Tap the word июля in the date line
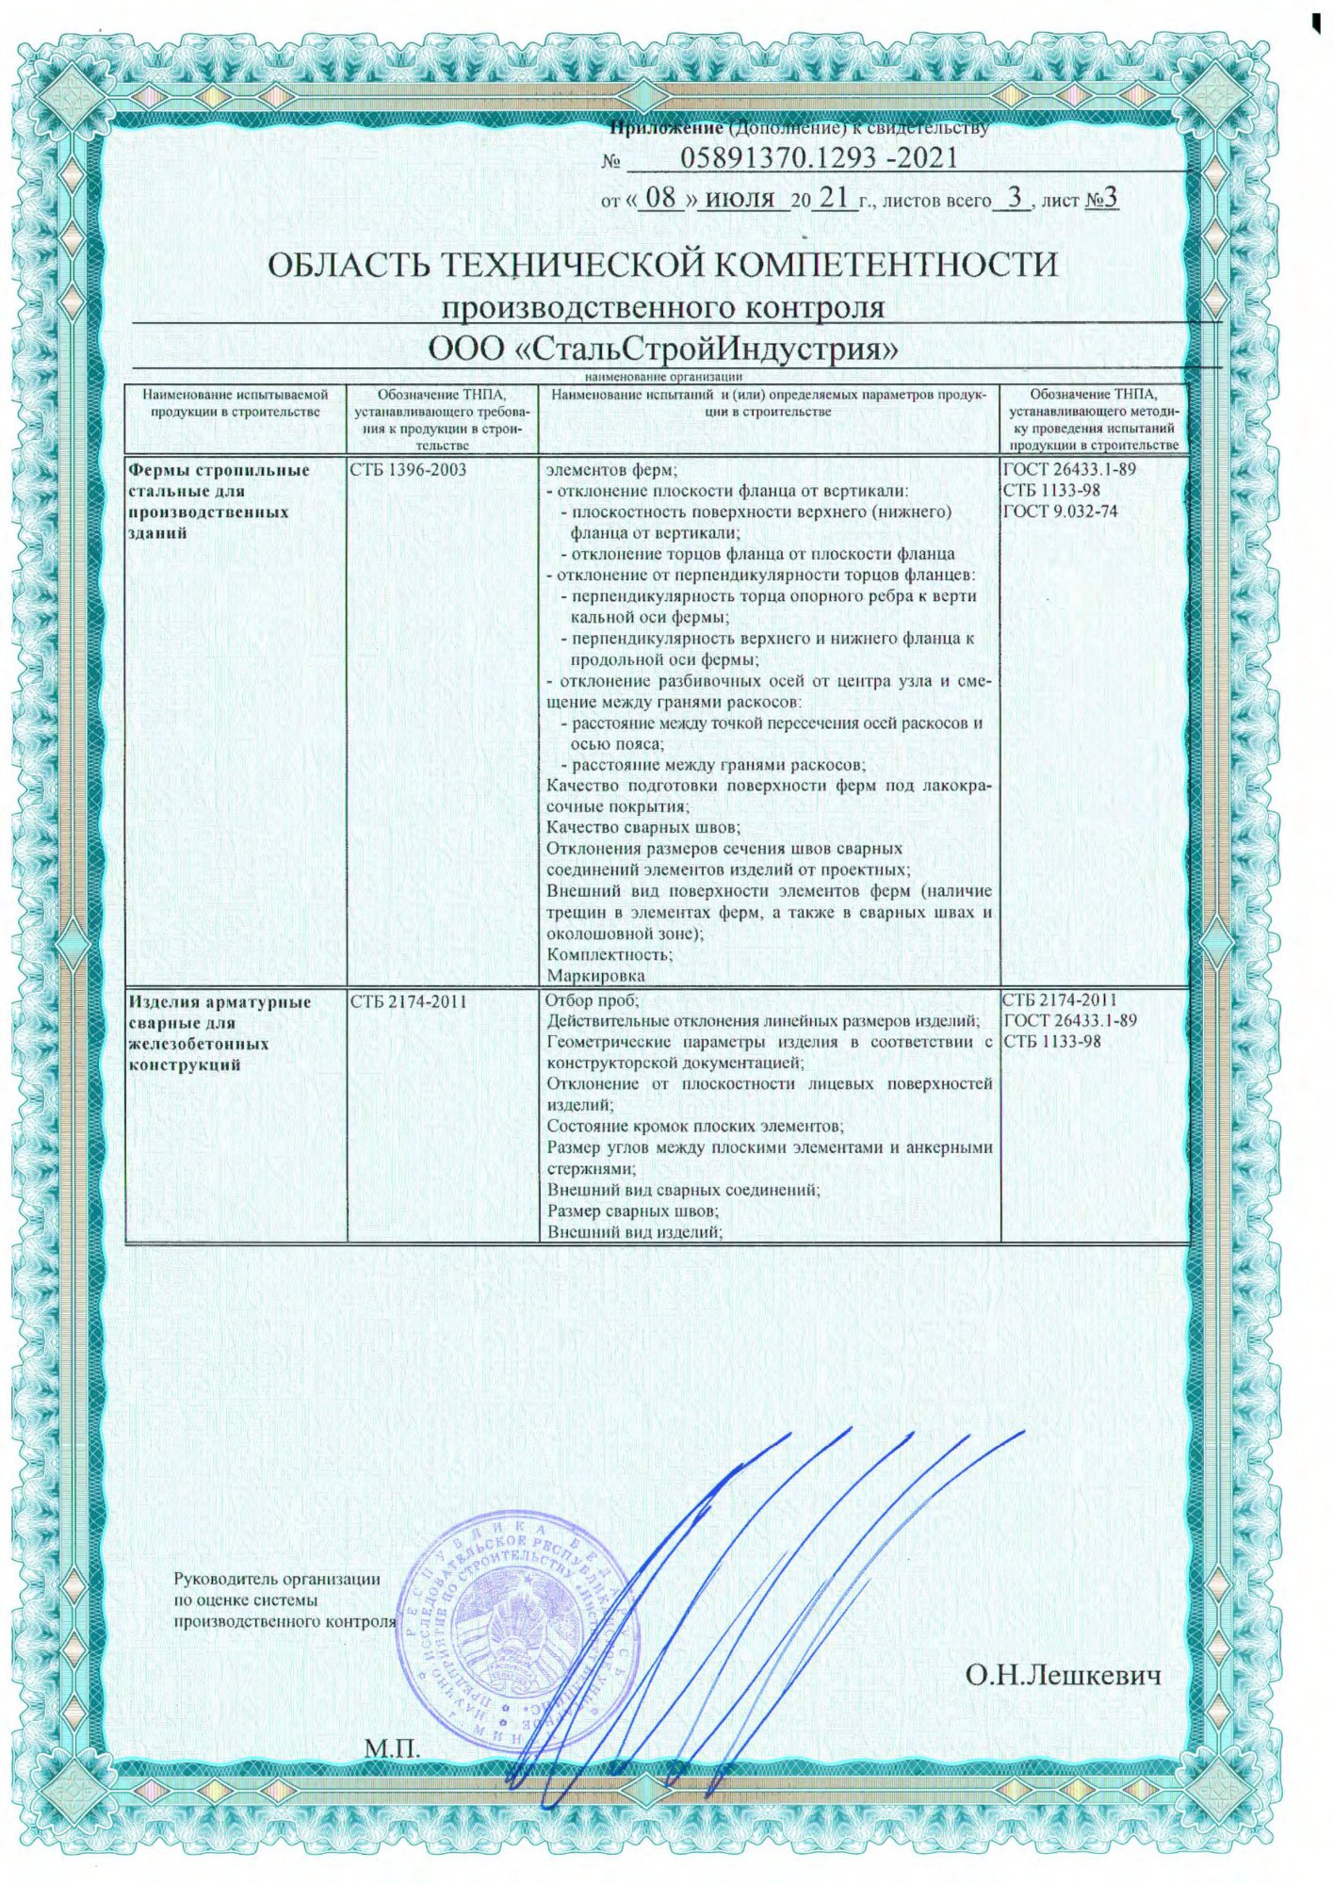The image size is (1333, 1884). [x=740, y=199]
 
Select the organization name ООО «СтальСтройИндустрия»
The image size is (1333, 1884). [x=663, y=349]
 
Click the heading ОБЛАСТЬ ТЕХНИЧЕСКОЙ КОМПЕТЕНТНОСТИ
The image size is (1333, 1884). [x=663, y=265]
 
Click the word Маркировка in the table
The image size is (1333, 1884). [x=596, y=975]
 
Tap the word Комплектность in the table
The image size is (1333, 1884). [x=610, y=954]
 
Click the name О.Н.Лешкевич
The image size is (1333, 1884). [x=1063, y=1676]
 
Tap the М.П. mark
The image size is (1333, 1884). [x=391, y=1748]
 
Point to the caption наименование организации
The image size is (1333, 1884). [x=663, y=376]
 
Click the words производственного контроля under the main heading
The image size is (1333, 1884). [x=663, y=308]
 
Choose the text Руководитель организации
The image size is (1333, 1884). [x=278, y=1580]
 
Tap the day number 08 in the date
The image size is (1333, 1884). [x=664, y=199]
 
